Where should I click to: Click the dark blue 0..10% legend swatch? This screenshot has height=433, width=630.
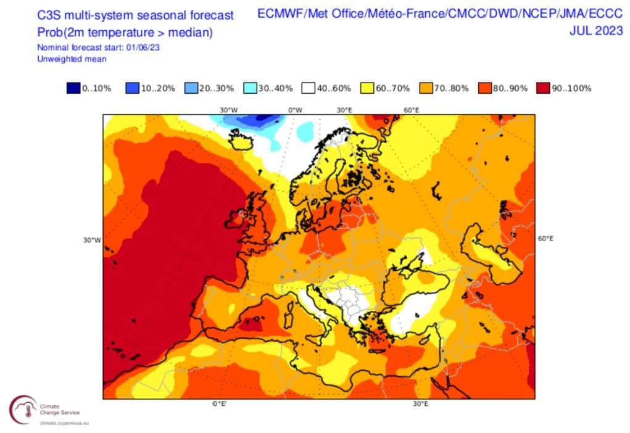pyautogui.click(x=73, y=88)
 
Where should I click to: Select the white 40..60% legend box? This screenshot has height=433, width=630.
pyautogui.click(x=309, y=88)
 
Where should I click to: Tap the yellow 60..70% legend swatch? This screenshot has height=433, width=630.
pyautogui.click(x=367, y=88)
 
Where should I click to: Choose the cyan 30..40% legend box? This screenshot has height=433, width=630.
pyautogui.click(x=250, y=88)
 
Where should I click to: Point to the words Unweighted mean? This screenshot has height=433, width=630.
pyautogui.click(x=72, y=59)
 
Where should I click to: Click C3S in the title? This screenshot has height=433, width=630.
pyautogui.click(x=51, y=15)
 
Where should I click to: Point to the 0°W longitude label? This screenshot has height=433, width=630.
pyautogui.click(x=296, y=110)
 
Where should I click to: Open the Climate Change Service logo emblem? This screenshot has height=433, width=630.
pyautogui.click(x=22, y=410)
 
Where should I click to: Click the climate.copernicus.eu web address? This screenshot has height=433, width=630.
pyautogui.click(x=65, y=424)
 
